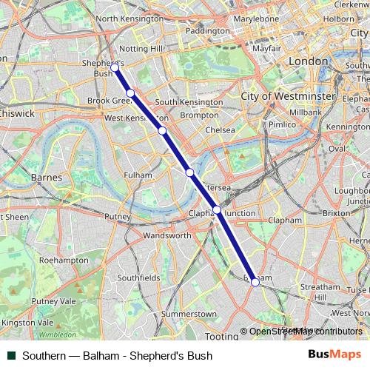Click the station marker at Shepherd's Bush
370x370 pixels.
[115, 67]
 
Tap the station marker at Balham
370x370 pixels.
[255, 282]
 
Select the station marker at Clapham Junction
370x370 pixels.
[217, 210]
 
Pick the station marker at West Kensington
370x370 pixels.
[161, 131]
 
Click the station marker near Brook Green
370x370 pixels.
[130, 92]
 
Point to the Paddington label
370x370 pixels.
[208, 31]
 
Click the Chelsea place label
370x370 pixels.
[221, 129]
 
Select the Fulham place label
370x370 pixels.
[138, 175]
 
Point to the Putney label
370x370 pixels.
[118, 216]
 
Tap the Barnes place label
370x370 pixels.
[47, 177]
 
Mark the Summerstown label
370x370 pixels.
[189, 314]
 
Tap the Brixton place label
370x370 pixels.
[337, 212]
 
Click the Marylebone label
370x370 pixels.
[256, 18]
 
